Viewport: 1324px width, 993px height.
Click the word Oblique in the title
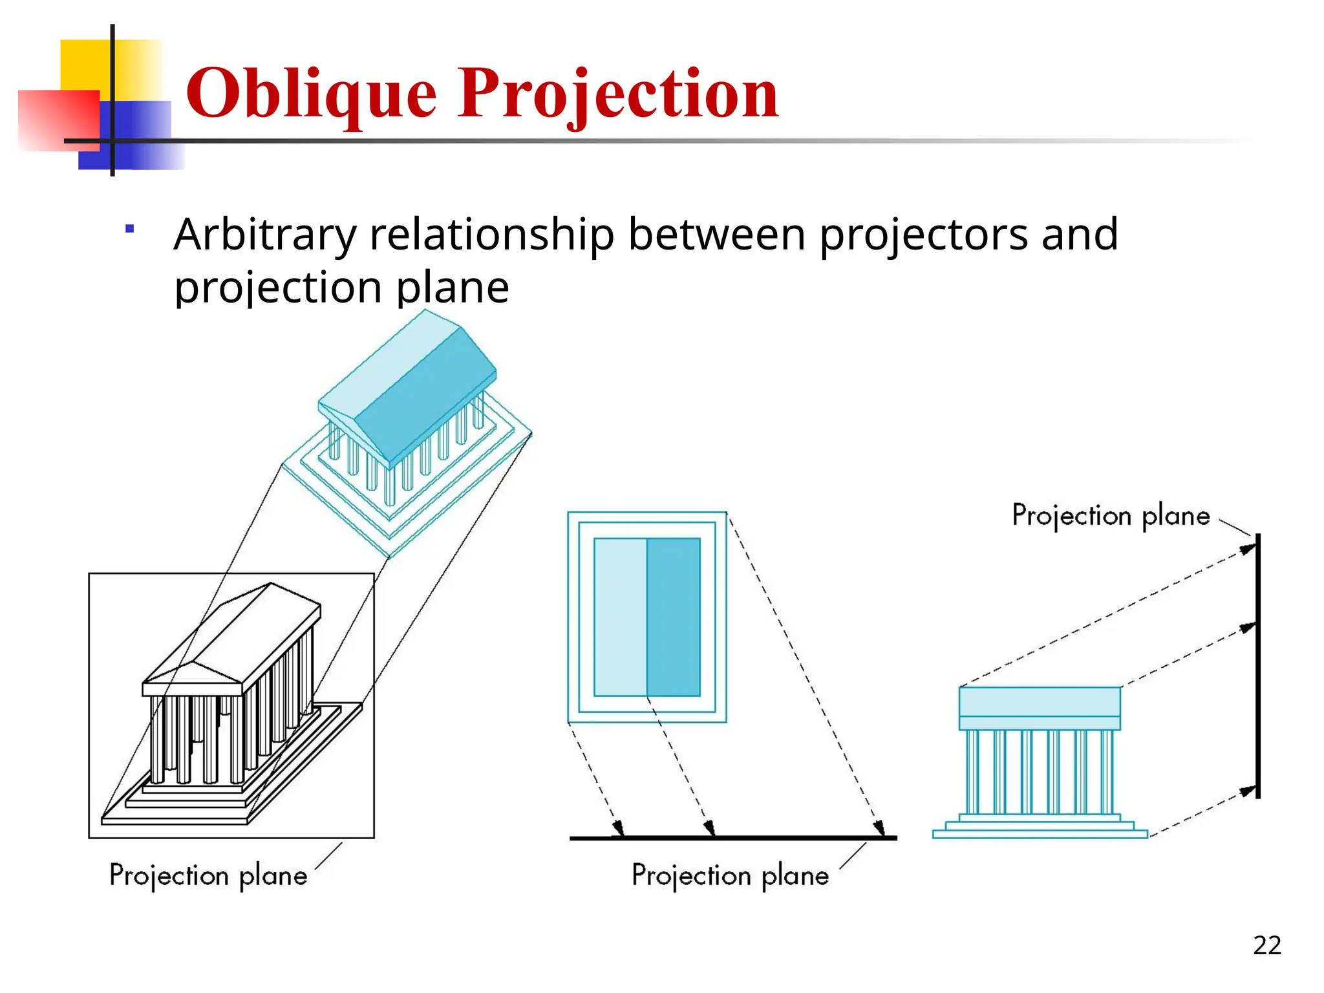[x=311, y=94]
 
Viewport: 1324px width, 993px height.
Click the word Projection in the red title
[x=618, y=94]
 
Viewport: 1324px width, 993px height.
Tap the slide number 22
[x=1266, y=945]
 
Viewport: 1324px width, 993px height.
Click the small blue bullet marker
[x=130, y=229]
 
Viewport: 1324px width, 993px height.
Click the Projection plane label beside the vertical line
[x=1110, y=516]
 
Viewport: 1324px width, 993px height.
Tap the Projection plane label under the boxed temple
[x=208, y=875]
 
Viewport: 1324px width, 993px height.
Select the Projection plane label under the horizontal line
[x=730, y=875]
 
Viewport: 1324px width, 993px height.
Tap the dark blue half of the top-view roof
[x=674, y=617]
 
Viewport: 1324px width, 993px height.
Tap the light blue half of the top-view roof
[x=620, y=617]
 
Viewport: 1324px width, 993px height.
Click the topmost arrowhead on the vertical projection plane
[x=1248, y=549]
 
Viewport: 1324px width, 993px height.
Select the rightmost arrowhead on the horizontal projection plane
[x=879, y=828]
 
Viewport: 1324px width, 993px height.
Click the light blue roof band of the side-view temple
[x=1040, y=701]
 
